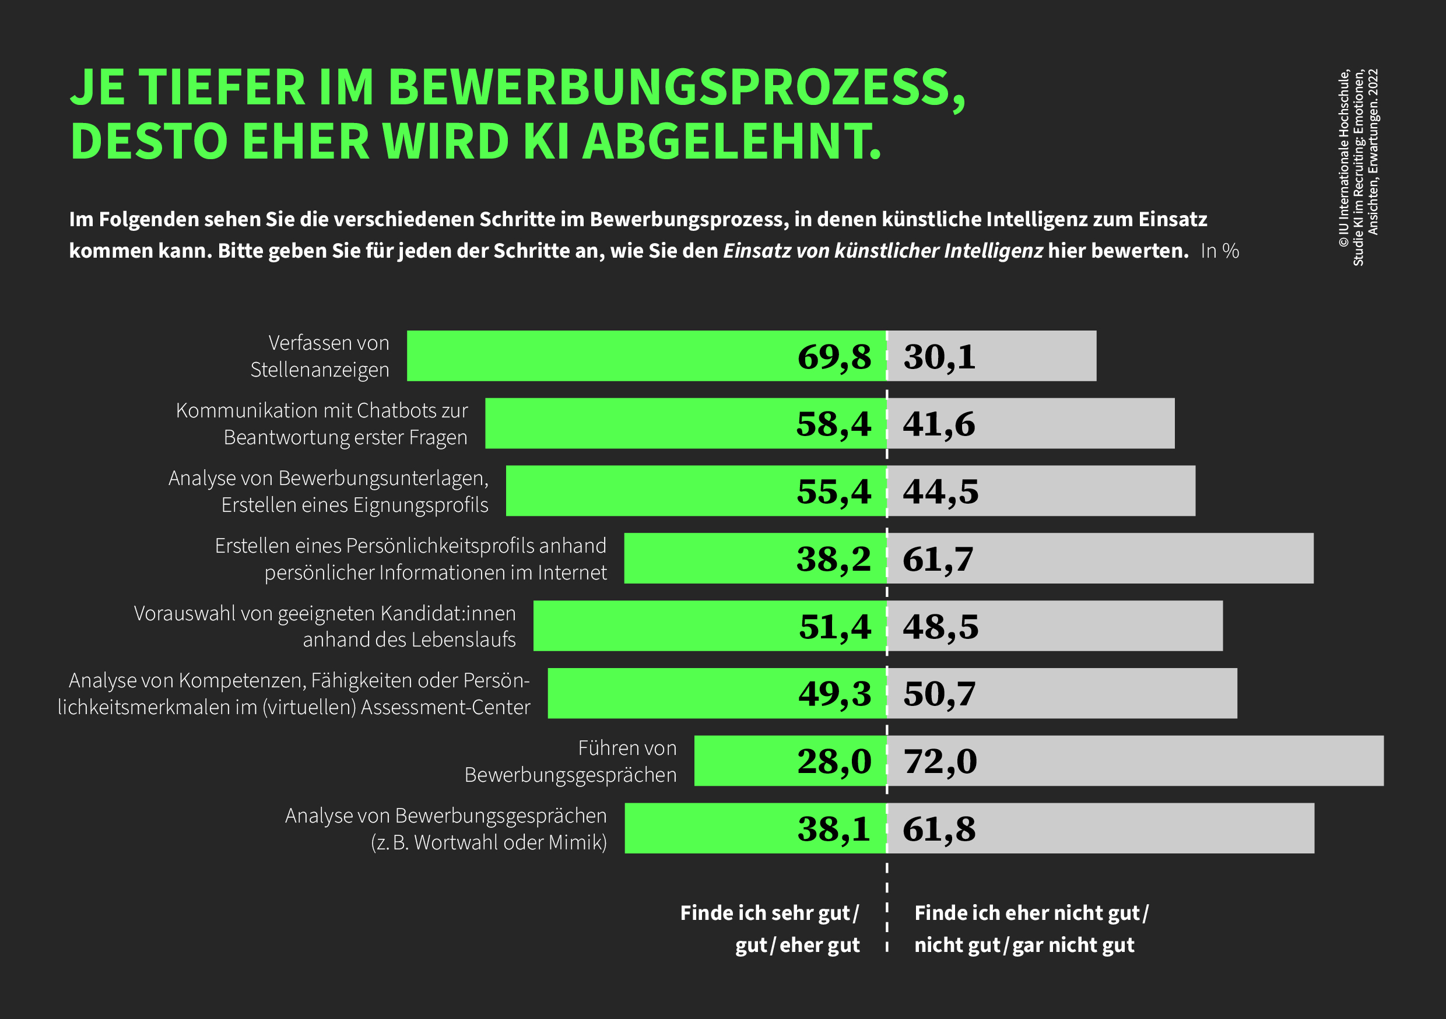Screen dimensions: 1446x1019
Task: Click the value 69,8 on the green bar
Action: click(x=834, y=357)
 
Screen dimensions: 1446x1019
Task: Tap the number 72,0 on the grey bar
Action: click(x=940, y=761)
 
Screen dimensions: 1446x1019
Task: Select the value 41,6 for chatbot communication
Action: click(x=939, y=424)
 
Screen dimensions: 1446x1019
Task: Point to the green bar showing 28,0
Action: click(x=791, y=761)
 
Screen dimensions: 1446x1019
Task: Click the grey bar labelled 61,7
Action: click(x=1100, y=558)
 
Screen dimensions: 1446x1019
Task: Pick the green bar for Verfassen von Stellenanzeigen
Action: click(x=647, y=356)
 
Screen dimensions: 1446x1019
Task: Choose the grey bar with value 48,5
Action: click(x=1055, y=626)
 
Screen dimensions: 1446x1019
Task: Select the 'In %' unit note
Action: click(x=1220, y=251)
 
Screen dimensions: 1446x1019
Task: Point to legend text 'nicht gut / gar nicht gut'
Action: click(x=1024, y=946)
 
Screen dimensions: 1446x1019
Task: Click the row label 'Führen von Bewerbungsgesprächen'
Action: click(x=571, y=761)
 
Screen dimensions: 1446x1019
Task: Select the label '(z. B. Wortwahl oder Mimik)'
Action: click(x=489, y=842)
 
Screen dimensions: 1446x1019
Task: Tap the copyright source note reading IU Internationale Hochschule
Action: click(x=1344, y=157)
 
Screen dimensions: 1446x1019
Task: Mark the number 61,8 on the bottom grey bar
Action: click(x=939, y=829)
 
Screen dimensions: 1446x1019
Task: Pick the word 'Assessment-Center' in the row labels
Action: click(x=445, y=707)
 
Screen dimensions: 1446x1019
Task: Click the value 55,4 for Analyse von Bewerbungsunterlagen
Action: click(x=834, y=491)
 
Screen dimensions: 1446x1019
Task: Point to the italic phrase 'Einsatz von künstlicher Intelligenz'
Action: click(x=883, y=251)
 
